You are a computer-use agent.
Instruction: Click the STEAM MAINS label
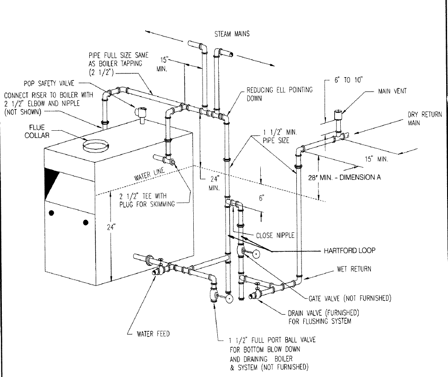(232, 34)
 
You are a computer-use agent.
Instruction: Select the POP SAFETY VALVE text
(46, 84)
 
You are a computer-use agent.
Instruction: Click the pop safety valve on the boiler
(140, 112)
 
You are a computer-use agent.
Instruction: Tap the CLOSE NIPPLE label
(275, 235)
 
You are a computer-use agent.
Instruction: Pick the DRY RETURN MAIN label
(424, 119)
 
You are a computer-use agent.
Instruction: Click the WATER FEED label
(153, 334)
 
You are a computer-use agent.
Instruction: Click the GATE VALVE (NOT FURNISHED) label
(349, 298)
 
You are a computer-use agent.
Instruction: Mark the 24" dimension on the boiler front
(108, 227)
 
